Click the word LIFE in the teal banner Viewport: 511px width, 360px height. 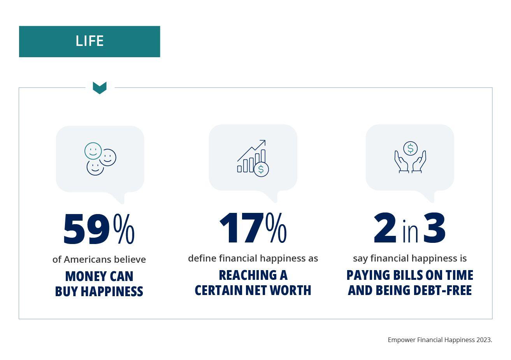(90, 41)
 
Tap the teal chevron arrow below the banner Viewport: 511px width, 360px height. (100, 88)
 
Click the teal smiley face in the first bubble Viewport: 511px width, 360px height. (93, 151)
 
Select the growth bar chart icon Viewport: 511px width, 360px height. (253, 158)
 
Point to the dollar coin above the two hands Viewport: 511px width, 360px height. (410, 148)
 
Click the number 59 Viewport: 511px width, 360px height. (86, 229)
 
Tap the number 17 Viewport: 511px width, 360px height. (241, 228)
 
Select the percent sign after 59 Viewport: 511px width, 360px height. (124, 229)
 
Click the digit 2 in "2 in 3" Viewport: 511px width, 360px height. (385, 228)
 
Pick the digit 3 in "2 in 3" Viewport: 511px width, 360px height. (434, 228)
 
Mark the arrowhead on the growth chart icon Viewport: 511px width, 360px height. (263, 142)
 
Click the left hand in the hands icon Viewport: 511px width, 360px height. (401, 162)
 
